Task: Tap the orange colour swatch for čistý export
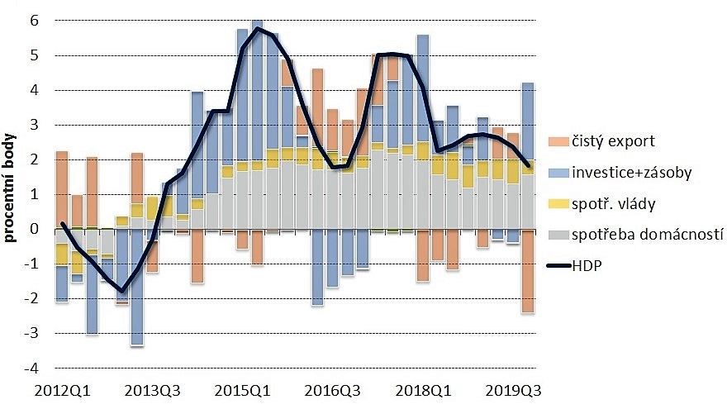click(558, 141)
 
